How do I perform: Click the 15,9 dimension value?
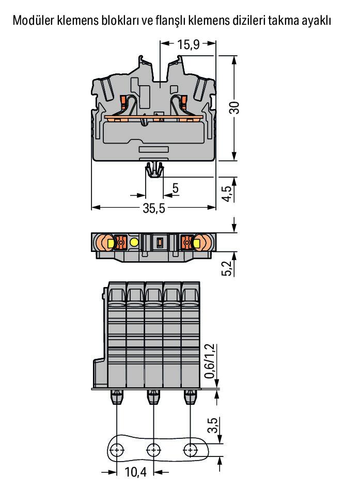click(189, 44)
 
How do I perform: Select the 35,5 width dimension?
click(154, 208)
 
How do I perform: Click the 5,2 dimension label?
click(227, 268)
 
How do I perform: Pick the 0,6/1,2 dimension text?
click(210, 361)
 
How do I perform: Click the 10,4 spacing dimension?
click(136, 472)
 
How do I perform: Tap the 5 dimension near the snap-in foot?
click(176, 188)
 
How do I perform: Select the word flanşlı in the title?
click(170, 21)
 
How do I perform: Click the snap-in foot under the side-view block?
click(154, 170)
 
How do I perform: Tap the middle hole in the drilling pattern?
click(153, 451)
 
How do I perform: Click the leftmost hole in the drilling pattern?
click(117, 451)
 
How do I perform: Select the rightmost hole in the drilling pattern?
click(190, 451)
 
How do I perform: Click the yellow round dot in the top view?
click(134, 242)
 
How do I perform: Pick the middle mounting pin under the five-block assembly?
click(153, 397)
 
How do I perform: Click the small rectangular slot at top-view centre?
click(160, 242)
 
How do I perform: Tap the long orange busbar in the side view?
click(154, 117)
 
